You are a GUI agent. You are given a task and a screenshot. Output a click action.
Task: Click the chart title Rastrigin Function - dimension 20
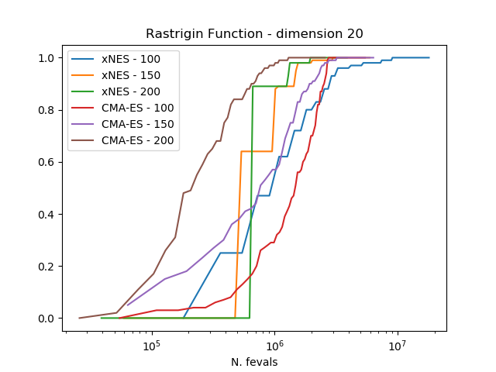pyautogui.click(x=254, y=34)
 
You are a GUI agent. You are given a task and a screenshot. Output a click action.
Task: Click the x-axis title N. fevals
pyautogui.click(x=254, y=362)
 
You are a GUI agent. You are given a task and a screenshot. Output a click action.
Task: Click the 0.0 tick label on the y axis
pyautogui.click(x=47, y=319)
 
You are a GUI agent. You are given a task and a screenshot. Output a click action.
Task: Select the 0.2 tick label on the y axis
pyautogui.click(x=47, y=267)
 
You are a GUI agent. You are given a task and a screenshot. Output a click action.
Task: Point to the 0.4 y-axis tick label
pyautogui.click(x=47, y=215)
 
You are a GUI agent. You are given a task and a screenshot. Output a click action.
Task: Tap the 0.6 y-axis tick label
pyautogui.click(x=47, y=162)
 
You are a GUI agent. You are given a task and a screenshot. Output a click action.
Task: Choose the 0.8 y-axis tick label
pyautogui.click(x=47, y=110)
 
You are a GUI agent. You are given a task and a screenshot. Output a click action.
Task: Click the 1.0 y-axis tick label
pyautogui.click(x=47, y=58)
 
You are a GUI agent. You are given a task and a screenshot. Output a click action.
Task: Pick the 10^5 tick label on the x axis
pyautogui.click(x=151, y=345)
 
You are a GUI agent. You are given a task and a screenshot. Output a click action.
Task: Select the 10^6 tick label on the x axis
pyautogui.click(x=274, y=345)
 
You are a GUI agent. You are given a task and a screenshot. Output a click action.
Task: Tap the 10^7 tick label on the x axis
pyautogui.click(x=398, y=345)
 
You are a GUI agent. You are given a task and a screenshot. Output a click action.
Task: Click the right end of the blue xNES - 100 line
pyautogui.click(x=429, y=57)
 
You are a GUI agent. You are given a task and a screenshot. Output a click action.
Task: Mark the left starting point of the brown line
pyautogui.click(x=79, y=318)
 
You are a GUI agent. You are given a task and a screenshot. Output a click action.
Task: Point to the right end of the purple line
pyautogui.click(x=373, y=57)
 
